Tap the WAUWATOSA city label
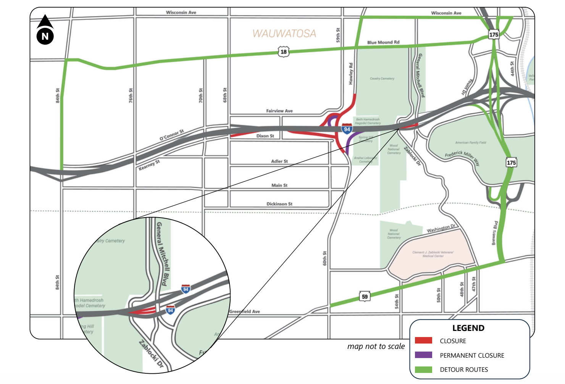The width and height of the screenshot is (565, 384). (x=284, y=34)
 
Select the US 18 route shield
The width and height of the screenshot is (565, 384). (x=283, y=52)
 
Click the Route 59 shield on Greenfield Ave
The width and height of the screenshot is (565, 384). (x=365, y=297)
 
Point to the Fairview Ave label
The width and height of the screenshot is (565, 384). (x=279, y=111)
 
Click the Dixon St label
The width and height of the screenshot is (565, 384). (x=265, y=136)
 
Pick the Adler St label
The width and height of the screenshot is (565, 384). (x=279, y=161)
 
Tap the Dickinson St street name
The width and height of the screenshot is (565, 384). (x=279, y=204)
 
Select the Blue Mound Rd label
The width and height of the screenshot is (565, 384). (x=383, y=42)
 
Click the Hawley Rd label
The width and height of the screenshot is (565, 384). (x=351, y=74)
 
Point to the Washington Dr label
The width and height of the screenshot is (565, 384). (x=441, y=229)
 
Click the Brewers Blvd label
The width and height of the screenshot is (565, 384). (x=495, y=233)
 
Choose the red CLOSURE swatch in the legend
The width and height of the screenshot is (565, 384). (x=423, y=340)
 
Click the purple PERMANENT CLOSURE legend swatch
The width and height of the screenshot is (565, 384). (x=423, y=355)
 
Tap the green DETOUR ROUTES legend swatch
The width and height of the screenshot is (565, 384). (x=423, y=369)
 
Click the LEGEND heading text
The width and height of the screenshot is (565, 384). (x=468, y=328)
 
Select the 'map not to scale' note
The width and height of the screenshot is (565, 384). (x=376, y=346)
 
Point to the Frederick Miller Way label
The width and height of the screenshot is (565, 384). (x=462, y=158)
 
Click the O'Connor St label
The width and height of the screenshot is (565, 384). (x=172, y=135)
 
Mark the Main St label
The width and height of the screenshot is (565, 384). (x=279, y=186)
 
